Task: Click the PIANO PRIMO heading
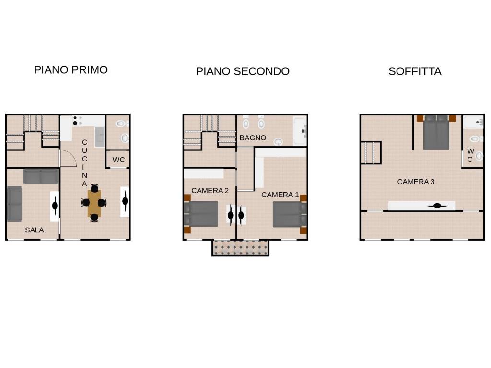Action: coord(71,70)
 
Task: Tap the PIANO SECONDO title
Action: coord(243,71)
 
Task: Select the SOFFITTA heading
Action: coord(415,71)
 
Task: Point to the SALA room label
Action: coord(35,230)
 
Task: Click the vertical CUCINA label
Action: coord(84,163)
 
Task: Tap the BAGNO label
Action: coord(253,138)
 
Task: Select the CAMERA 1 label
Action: coord(280,195)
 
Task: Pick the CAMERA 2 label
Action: coord(210,191)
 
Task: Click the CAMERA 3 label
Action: coord(416,182)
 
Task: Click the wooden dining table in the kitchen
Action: coord(94,203)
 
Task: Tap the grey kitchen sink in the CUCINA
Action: coord(100,137)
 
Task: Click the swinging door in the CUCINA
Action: coord(68,158)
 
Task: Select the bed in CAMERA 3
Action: coord(436,132)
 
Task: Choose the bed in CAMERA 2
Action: coord(201,214)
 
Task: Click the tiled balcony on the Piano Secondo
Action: coord(241,248)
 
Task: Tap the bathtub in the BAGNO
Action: coord(300,131)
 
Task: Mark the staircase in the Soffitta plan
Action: coord(371,152)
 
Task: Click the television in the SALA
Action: coord(55,206)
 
